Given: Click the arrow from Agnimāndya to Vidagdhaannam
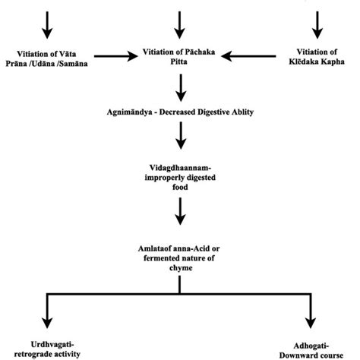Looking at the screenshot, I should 180,136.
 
